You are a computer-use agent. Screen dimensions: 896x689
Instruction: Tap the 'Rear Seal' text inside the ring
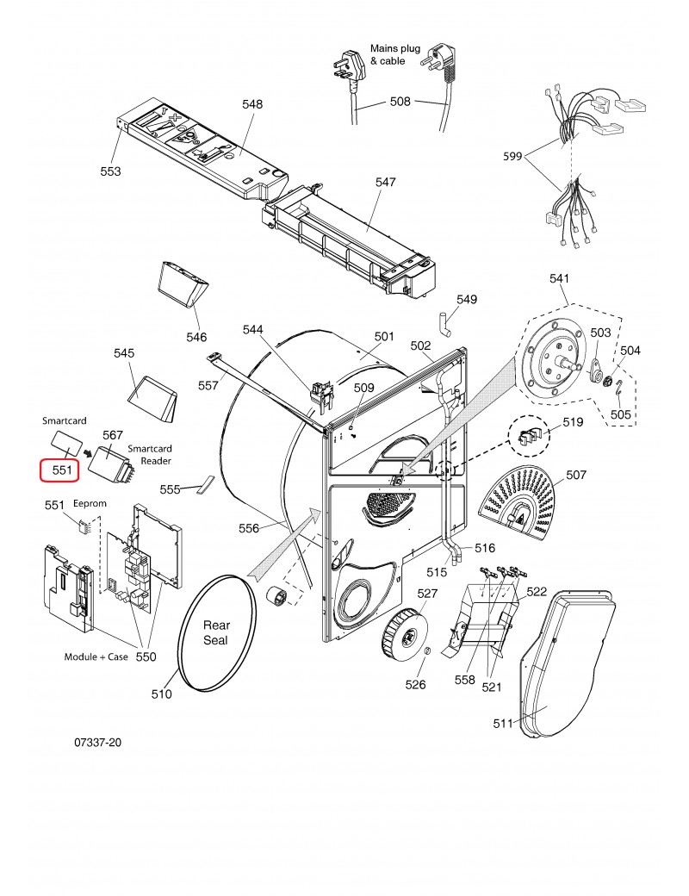(216, 632)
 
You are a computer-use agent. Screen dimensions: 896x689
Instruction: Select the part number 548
(252, 104)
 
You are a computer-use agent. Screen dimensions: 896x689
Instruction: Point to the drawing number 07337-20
(97, 741)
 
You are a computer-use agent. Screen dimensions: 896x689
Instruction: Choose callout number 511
(504, 723)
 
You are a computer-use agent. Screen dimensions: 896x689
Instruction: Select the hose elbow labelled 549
(444, 327)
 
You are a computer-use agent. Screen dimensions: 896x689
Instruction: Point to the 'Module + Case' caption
(96, 656)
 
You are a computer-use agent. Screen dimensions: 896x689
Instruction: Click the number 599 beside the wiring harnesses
(514, 157)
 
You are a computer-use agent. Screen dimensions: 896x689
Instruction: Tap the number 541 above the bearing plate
(560, 279)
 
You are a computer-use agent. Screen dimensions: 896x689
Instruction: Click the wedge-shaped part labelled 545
(153, 398)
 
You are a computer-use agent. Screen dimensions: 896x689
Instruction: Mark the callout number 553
(110, 171)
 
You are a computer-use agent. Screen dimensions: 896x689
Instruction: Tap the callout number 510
(162, 694)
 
